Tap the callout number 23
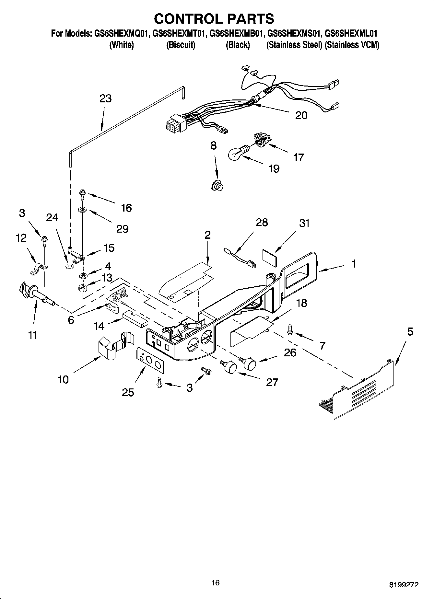(x=105, y=98)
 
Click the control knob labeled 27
(x=229, y=367)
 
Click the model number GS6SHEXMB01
(x=236, y=33)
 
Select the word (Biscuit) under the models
(x=181, y=45)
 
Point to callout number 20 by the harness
(x=301, y=115)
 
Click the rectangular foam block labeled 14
(x=135, y=318)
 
